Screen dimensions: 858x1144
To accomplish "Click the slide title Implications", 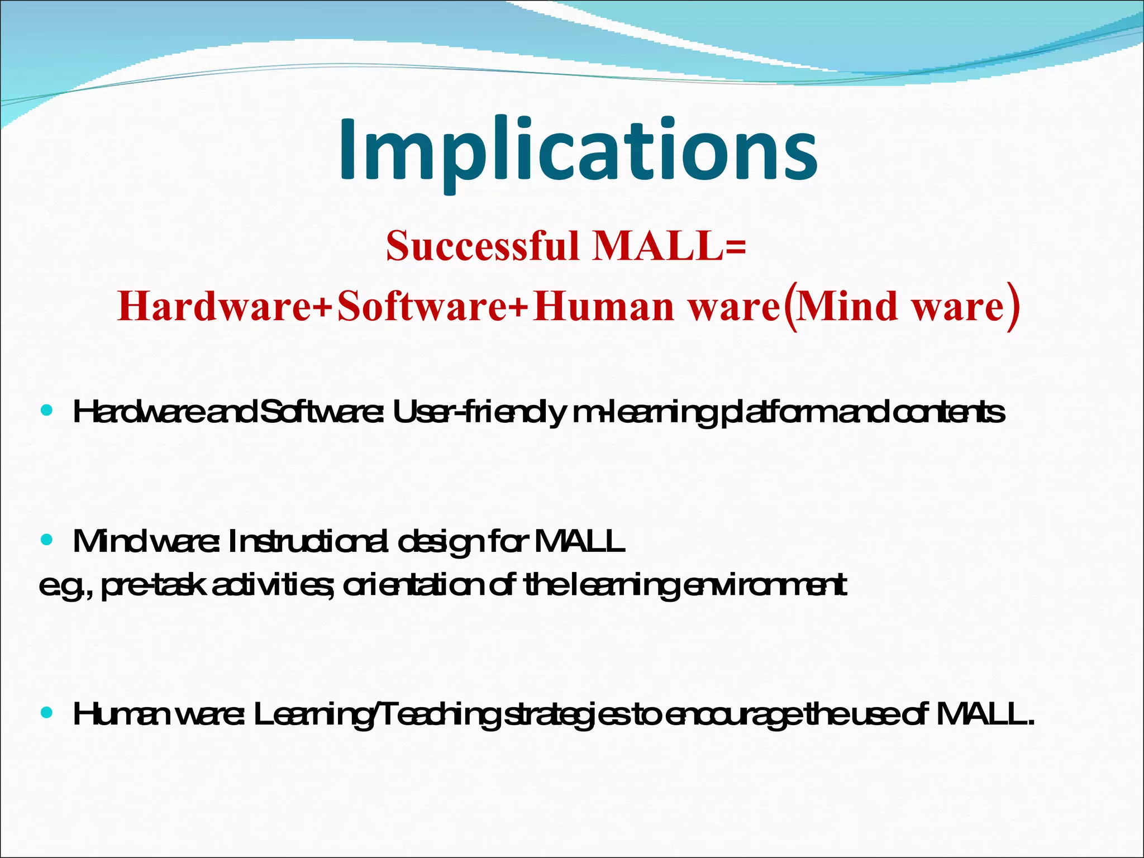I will pos(578,151).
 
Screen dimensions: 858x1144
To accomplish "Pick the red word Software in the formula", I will pos(422,307).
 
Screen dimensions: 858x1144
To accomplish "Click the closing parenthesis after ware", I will pos(1014,307).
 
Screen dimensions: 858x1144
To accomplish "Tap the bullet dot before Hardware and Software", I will pos(47,411).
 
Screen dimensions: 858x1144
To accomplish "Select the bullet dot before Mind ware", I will pos(47,540).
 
